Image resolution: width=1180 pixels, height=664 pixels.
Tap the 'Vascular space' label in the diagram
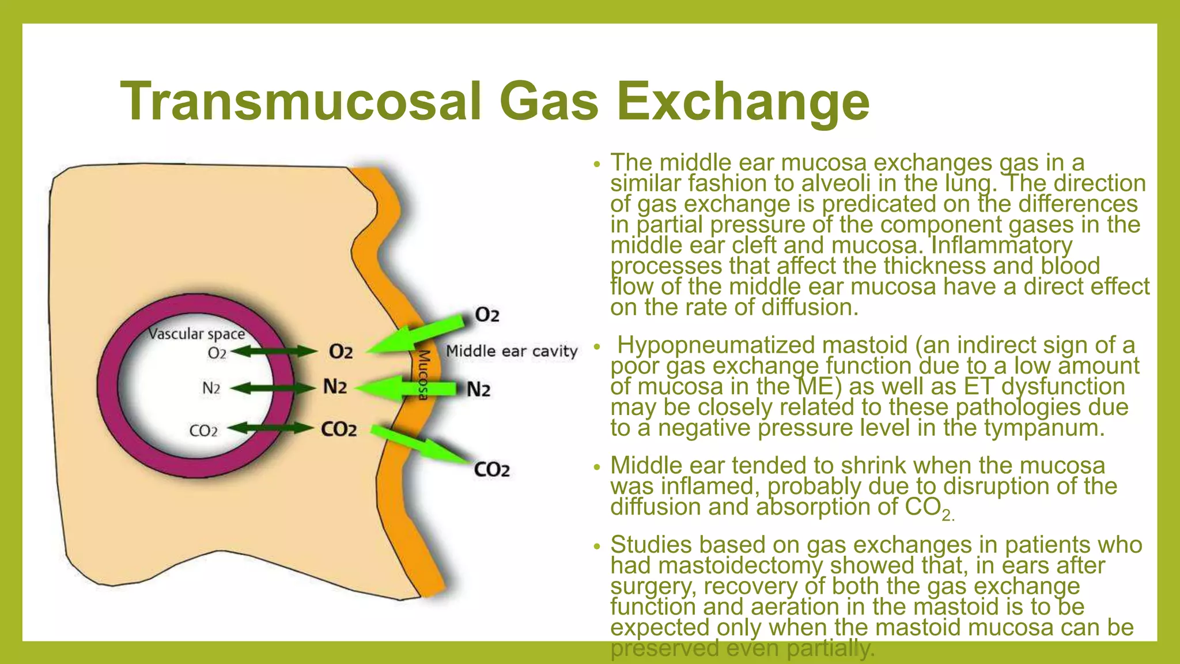pyautogui.click(x=196, y=334)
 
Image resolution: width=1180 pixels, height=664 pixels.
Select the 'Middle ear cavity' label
pyautogui.click(x=512, y=351)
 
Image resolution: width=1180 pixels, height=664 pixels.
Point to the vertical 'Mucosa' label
pyautogui.click(x=424, y=374)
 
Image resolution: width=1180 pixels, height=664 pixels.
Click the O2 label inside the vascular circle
pyautogui.click(x=217, y=353)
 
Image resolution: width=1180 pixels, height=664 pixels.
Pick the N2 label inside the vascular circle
pyautogui.click(x=211, y=388)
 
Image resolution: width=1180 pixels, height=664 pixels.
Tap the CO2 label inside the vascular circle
pyautogui.click(x=203, y=431)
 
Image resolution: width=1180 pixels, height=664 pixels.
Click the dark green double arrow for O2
pyautogui.click(x=274, y=351)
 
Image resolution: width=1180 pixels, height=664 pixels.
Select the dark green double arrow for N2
pyautogui.click(x=274, y=388)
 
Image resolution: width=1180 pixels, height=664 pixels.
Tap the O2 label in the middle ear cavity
pyautogui.click(x=487, y=315)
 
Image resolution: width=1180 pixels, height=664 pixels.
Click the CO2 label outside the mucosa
pyautogui.click(x=491, y=470)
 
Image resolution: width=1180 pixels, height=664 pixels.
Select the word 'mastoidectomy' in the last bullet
pyautogui.click(x=740, y=565)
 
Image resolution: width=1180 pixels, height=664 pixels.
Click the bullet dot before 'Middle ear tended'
pyautogui.click(x=597, y=466)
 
